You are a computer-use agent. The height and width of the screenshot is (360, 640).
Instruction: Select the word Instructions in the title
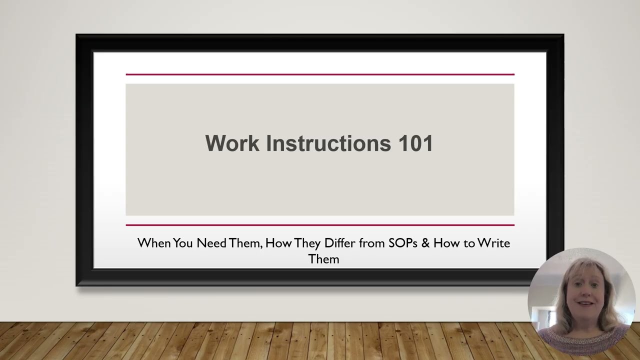click(x=328, y=143)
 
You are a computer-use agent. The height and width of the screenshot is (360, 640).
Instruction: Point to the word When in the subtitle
click(x=154, y=243)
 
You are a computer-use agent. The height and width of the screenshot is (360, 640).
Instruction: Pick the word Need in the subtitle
click(x=211, y=243)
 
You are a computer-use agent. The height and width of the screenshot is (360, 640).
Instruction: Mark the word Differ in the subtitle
click(x=340, y=243)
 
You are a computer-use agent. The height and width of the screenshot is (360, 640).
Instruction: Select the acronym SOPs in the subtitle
click(x=403, y=243)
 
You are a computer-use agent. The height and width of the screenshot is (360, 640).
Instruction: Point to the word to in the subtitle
click(x=469, y=243)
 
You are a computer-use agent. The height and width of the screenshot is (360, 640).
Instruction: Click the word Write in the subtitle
click(x=493, y=243)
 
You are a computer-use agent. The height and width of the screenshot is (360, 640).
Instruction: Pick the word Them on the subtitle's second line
click(x=324, y=259)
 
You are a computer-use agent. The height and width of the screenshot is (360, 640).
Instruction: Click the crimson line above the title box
click(x=320, y=74)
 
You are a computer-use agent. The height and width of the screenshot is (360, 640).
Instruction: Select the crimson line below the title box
click(x=320, y=225)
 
